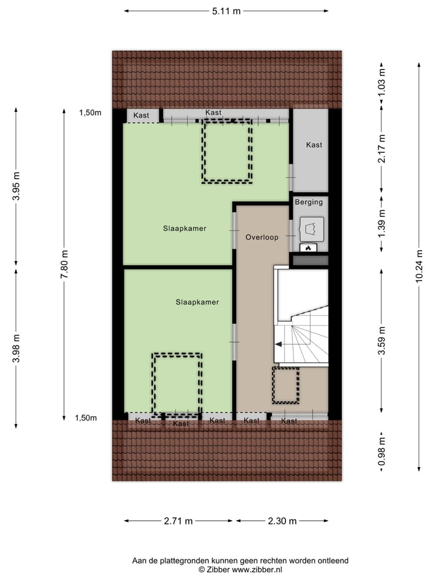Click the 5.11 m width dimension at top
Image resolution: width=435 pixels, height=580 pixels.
point(226,10)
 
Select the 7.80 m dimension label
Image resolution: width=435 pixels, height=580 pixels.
point(64,265)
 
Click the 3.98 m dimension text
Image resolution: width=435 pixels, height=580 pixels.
point(16,349)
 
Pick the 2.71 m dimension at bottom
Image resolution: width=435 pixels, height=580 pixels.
point(179,521)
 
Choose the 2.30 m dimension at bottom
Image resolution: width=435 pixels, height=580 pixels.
point(282,521)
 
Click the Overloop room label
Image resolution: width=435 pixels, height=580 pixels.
point(262,237)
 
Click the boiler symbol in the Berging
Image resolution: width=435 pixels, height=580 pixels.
point(313,228)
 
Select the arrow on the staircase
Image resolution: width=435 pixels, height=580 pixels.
point(280,344)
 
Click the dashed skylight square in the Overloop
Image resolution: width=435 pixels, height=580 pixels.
point(285,385)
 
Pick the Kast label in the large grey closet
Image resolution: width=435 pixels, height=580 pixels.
point(314,145)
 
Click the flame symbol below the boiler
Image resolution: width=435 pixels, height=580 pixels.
point(308,247)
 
